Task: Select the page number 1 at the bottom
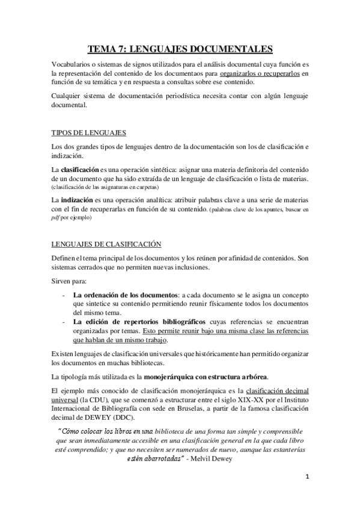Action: click(306, 493)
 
